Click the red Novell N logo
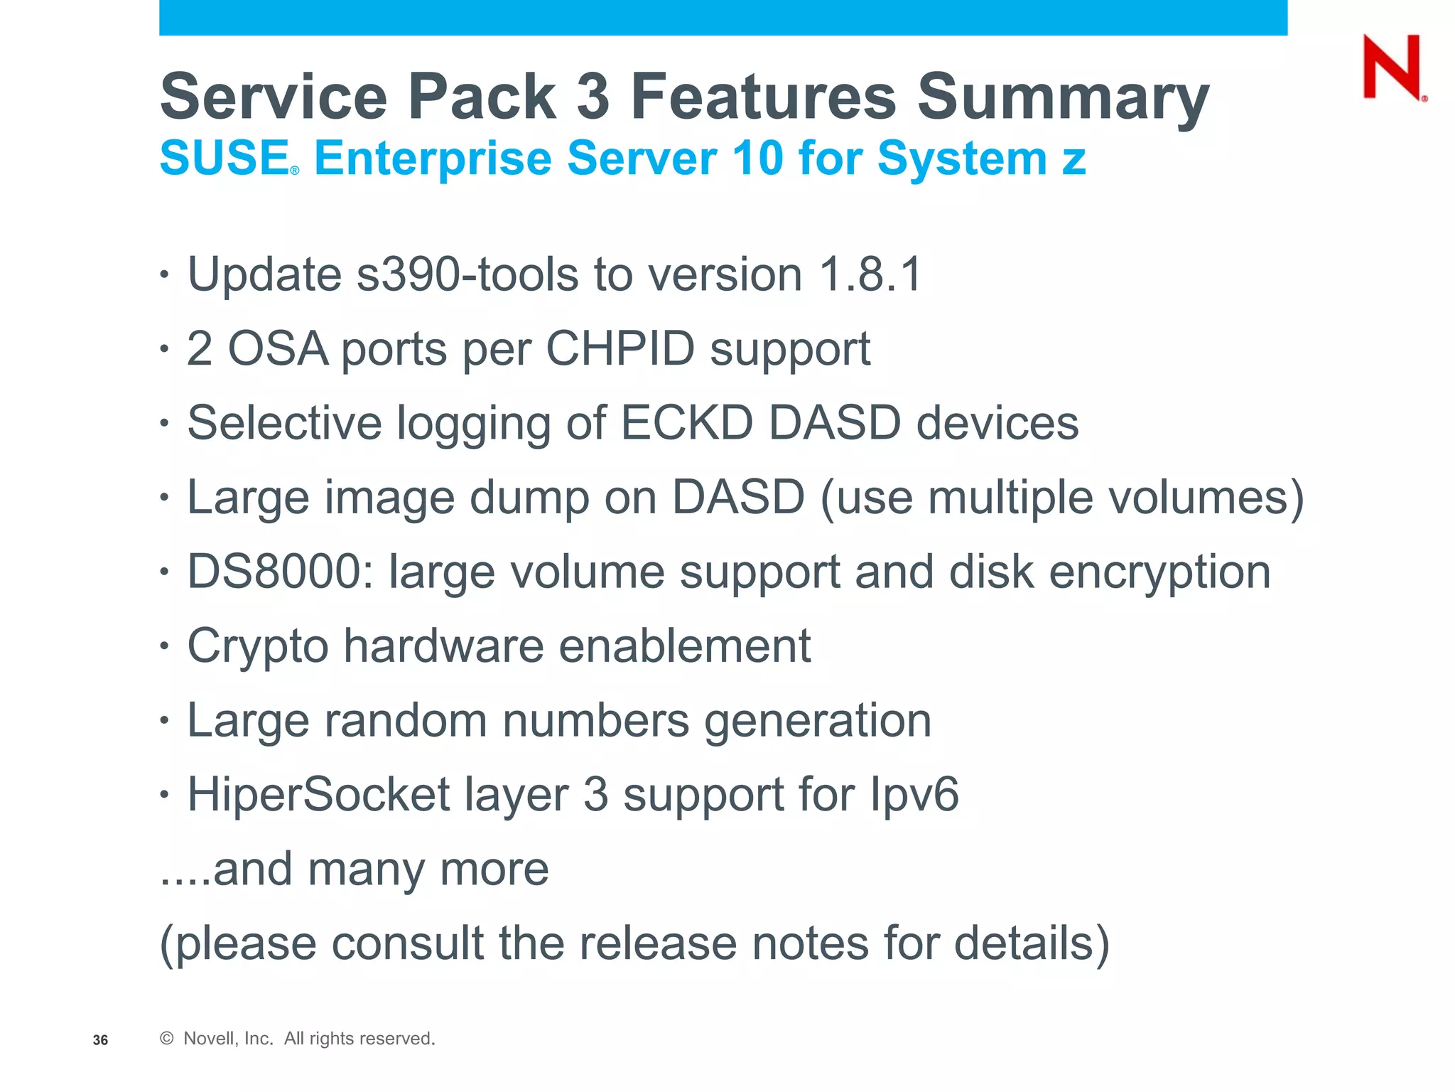pyautogui.click(x=1392, y=68)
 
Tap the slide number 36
pyautogui.click(x=100, y=1040)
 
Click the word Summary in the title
pyautogui.click(x=1063, y=97)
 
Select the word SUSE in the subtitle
pyautogui.click(x=224, y=158)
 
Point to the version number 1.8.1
pyautogui.click(x=870, y=274)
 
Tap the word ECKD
pyautogui.click(x=686, y=423)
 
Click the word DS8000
pyautogui.click(x=280, y=572)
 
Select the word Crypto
pyautogui.click(x=258, y=647)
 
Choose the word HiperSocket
pyautogui.click(x=318, y=795)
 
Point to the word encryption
pyautogui.click(x=1159, y=572)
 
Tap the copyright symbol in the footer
pyautogui.click(x=167, y=1039)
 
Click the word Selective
pyautogui.click(x=284, y=423)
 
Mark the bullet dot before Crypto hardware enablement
pyautogui.click(x=165, y=647)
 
